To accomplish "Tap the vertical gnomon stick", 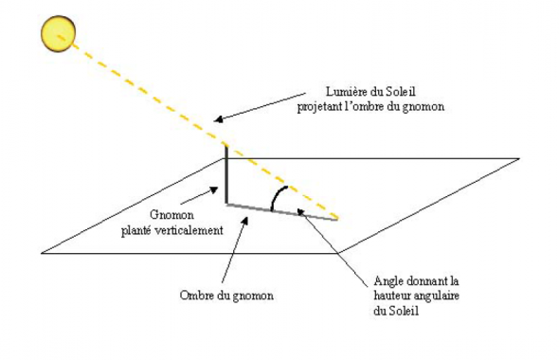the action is (225, 175).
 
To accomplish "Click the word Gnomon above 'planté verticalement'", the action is (173, 215).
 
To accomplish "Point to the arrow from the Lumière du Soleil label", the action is (256, 106).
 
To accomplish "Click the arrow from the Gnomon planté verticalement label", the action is (213, 194).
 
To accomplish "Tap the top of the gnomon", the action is (225, 145).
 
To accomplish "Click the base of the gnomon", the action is (225, 203).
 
